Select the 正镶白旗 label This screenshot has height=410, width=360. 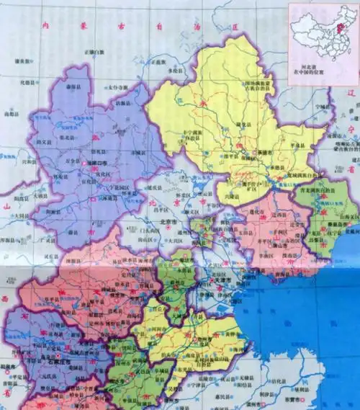(94, 53)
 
